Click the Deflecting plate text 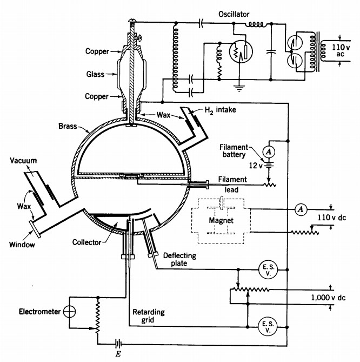pyautogui.click(x=181, y=260)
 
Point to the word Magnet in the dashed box pyautogui.click(x=221, y=221)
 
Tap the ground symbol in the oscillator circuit pyautogui.click(x=237, y=85)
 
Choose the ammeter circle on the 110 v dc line pyautogui.click(x=301, y=208)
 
